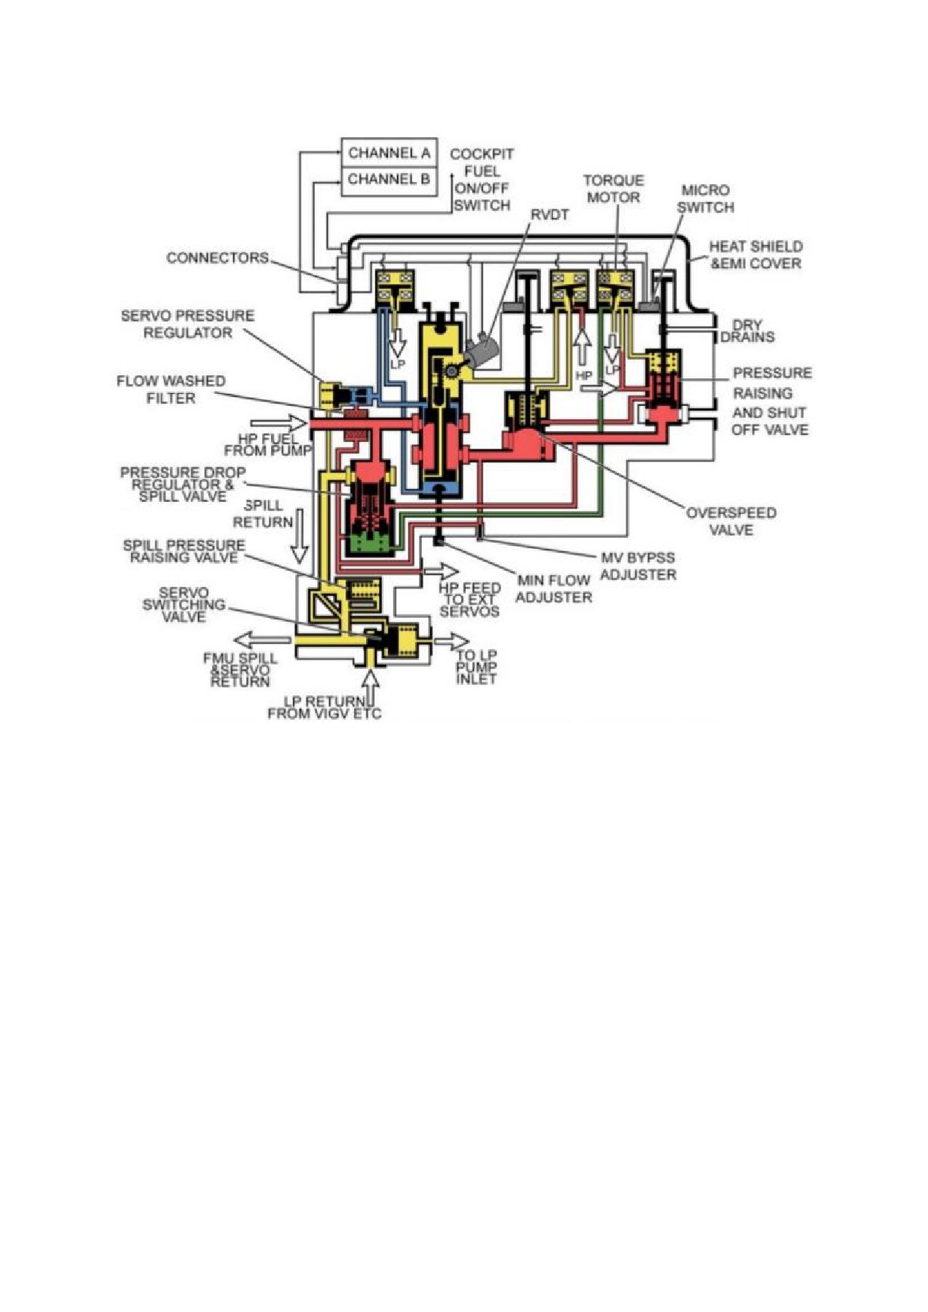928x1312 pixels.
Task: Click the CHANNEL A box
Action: [x=389, y=153]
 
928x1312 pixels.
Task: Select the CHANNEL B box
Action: [x=389, y=180]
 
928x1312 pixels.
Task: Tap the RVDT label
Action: [x=550, y=215]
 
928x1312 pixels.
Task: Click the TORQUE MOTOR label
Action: [x=613, y=189]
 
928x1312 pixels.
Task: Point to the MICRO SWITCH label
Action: [x=705, y=198]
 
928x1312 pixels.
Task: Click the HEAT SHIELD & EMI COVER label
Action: [x=755, y=255]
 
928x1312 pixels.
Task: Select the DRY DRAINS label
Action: [x=747, y=331]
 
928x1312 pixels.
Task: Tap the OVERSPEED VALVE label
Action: [x=731, y=521]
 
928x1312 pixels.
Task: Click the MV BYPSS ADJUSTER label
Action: [x=637, y=566]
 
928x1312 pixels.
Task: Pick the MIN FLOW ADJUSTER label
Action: [x=554, y=589]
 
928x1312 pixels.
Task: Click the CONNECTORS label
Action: [x=217, y=258]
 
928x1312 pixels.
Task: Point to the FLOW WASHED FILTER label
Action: [x=171, y=389]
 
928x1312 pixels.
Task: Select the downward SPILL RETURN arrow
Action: [x=300, y=536]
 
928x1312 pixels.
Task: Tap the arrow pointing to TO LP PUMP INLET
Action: [x=452, y=641]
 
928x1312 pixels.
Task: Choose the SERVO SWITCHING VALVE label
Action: [x=184, y=605]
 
